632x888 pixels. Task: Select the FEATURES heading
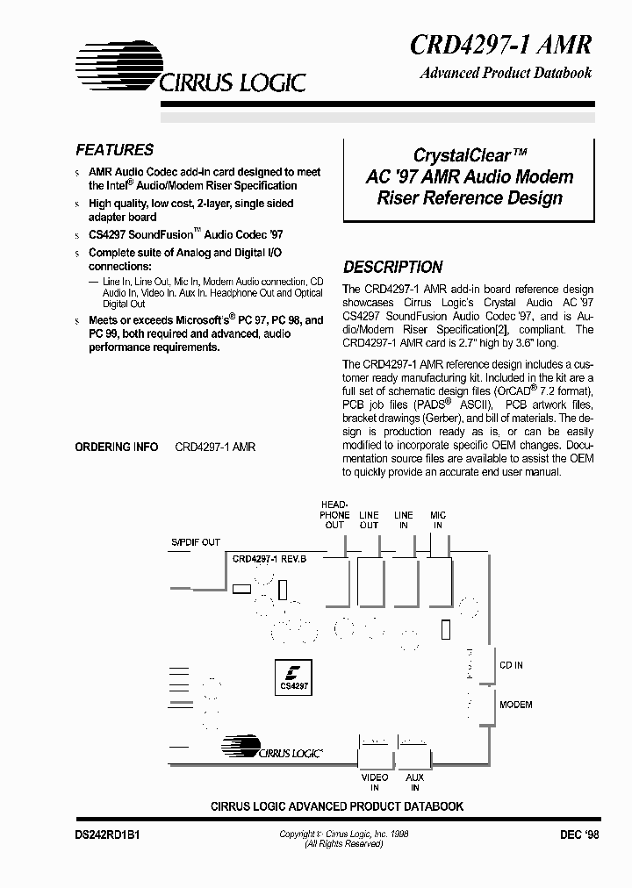pos(114,150)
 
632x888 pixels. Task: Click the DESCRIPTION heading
pos(392,267)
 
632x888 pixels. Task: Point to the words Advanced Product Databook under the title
pos(505,74)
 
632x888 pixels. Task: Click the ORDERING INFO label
pos(117,447)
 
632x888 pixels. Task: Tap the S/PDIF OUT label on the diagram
pos(195,542)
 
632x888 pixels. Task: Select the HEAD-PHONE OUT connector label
pos(334,514)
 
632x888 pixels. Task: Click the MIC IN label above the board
pos(438,519)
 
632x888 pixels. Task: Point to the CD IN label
pos(511,666)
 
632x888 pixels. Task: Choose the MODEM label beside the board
pos(515,705)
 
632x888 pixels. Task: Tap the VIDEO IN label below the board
pos(375,783)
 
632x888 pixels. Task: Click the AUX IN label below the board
pos(414,783)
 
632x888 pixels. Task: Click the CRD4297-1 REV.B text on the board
pos(269,558)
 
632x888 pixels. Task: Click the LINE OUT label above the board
pos(369,519)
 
